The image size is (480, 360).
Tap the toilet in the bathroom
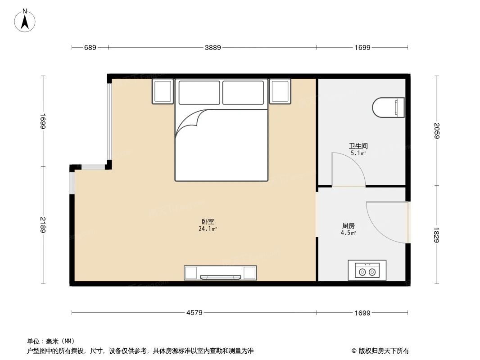(x=388, y=108)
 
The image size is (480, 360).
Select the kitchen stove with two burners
(x=367, y=270)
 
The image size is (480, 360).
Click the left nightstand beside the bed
(x=163, y=91)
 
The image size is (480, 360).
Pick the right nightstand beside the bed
(x=280, y=91)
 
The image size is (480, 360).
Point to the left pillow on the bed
(x=199, y=92)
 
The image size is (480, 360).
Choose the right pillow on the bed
(x=243, y=92)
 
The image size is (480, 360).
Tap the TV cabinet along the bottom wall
(x=220, y=273)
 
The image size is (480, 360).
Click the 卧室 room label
(x=208, y=221)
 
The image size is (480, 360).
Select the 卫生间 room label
(x=358, y=146)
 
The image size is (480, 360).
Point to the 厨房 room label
(x=349, y=225)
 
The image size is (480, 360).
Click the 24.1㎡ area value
(x=208, y=229)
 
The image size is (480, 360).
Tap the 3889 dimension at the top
(x=213, y=47)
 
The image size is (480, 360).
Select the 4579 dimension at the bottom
(x=194, y=313)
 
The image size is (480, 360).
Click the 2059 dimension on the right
(x=436, y=131)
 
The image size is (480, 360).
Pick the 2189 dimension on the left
(x=43, y=225)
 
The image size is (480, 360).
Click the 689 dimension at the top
(x=91, y=47)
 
